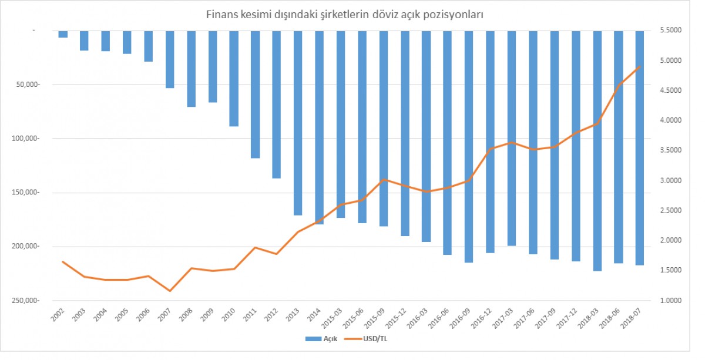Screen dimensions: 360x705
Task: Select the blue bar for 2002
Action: click(63, 33)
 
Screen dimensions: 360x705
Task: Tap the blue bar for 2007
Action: click(170, 59)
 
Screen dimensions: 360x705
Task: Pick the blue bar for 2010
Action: click(234, 78)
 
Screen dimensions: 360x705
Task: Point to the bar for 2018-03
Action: click(597, 150)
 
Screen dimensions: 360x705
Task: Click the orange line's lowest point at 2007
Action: click(170, 291)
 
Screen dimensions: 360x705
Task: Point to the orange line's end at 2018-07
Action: click(640, 66)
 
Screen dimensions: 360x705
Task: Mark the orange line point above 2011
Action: click(255, 247)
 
